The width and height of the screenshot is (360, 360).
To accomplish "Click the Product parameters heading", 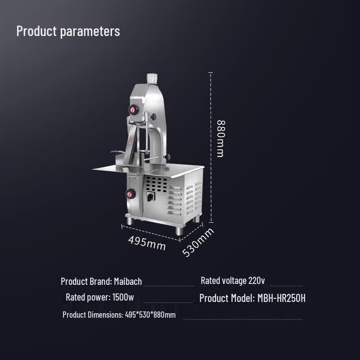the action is (x=68, y=31).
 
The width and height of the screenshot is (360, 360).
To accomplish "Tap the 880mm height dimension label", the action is (x=221, y=139).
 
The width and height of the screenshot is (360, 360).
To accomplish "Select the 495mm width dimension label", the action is (x=147, y=243).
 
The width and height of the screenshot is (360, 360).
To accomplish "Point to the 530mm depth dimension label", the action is (x=198, y=242).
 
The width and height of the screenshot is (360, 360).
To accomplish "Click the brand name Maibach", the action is (x=128, y=282).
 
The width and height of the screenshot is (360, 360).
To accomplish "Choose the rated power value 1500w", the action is (x=123, y=297).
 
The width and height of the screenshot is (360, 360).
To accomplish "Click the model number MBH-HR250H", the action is (x=282, y=298).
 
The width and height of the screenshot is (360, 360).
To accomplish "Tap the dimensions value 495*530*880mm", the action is (x=150, y=315).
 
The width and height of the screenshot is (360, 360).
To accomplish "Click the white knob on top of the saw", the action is (x=152, y=79).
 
